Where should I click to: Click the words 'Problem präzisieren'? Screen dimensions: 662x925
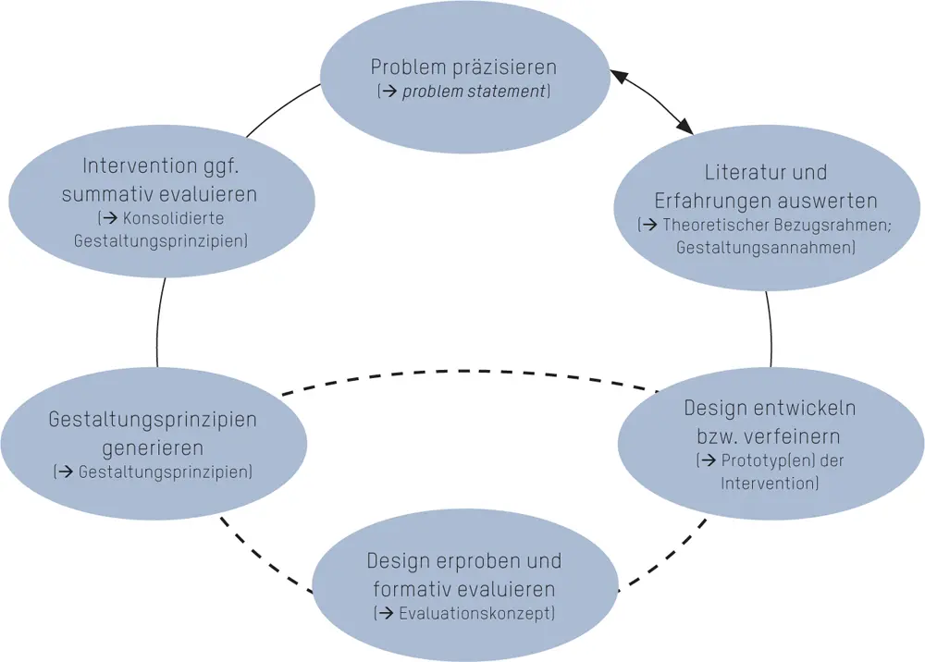(x=463, y=67)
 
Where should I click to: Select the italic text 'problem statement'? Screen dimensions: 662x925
(x=475, y=92)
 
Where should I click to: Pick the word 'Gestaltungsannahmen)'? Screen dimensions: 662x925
(x=766, y=247)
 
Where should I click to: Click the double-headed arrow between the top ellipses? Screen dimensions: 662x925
(x=651, y=103)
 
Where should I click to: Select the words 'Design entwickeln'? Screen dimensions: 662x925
(x=770, y=408)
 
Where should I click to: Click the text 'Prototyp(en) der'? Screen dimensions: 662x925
(x=780, y=460)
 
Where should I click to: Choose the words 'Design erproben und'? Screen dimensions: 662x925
(x=463, y=561)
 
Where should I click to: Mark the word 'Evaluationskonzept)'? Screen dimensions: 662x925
(x=477, y=613)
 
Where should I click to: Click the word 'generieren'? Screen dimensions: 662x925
(x=153, y=447)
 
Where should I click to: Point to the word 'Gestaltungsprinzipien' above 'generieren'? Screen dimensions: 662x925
(x=153, y=420)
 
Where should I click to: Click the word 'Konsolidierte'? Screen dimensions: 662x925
(x=174, y=219)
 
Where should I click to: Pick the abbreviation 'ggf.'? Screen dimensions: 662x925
(x=225, y=167)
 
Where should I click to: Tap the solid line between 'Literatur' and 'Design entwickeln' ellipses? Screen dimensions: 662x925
(x=770, y=329)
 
